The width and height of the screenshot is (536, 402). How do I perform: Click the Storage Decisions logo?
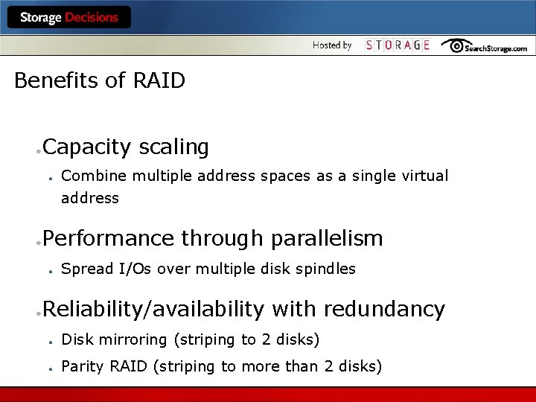click(69, 17)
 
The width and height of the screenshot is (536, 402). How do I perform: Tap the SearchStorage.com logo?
click(484, 46)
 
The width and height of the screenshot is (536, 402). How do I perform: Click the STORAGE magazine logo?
click(398, 45)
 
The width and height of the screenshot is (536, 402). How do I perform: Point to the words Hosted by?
click(332, 45)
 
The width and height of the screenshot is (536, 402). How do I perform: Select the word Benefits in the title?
click(57, 80)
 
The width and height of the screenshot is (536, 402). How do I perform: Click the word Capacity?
click(87, 147)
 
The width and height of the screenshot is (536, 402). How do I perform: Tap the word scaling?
click(173, 147)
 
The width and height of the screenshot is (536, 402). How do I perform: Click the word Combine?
click(88, 176)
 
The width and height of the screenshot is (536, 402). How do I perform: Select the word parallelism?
click(327, 238)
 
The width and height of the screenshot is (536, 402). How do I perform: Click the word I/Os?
click(135, 269)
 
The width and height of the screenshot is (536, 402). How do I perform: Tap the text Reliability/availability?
click(153, 309)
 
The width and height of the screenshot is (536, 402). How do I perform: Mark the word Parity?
click(83, 366)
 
